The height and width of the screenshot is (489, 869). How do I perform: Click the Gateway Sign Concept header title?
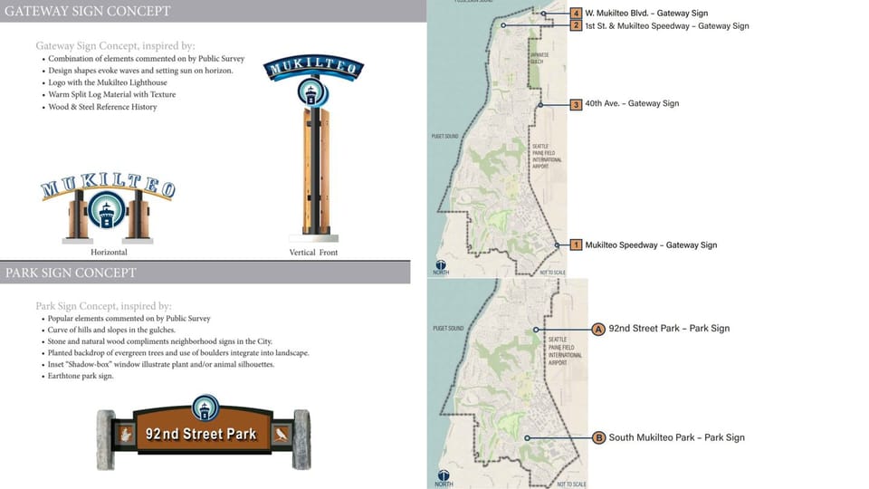pos(87,12)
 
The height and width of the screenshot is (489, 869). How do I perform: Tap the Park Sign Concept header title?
pos(71,273)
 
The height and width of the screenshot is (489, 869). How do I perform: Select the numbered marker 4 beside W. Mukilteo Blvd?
pos(577,14)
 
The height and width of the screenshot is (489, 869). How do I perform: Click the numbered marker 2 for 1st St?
pos(577,26)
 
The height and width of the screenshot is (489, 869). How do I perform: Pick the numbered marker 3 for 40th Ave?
pos(576,104)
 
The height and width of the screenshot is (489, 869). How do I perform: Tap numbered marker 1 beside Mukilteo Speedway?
pos(576,245)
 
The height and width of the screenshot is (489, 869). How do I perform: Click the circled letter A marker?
pos(597,329)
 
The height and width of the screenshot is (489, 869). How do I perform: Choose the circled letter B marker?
pos(598,438)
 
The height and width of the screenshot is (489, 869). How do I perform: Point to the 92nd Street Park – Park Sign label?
pos(669,329)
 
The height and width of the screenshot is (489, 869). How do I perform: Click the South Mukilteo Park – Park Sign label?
pos(676,438)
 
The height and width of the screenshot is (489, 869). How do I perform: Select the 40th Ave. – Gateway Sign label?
pos(632,104)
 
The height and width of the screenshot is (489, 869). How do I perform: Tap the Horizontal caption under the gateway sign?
pos(109,252)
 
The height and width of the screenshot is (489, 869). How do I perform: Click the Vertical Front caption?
pos(313,253)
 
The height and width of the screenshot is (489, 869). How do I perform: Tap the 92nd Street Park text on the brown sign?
pos(201,434)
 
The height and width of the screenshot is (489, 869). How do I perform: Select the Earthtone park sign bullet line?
pos(81,376)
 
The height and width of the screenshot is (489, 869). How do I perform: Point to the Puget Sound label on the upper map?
pos(446,137)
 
